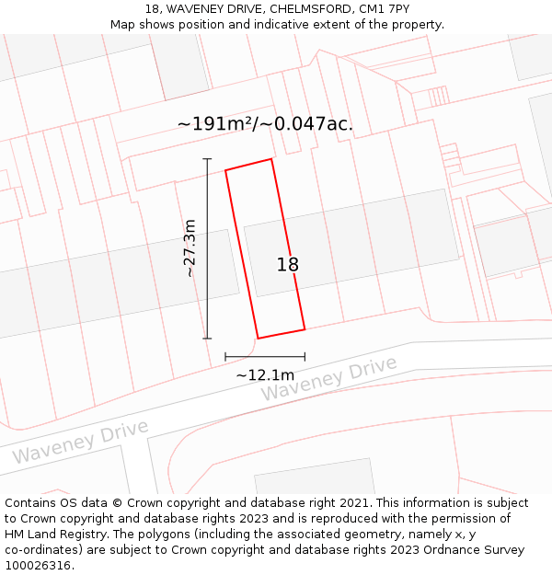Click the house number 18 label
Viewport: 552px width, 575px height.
288,265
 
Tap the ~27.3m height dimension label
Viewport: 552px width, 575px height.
190,247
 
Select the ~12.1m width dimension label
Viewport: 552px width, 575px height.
265,374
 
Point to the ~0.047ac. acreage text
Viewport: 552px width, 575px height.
309,124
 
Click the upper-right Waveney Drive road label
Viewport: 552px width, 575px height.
329,379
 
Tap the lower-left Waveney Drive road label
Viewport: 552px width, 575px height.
80,443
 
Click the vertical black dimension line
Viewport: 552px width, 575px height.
208,248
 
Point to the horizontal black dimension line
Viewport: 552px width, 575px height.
265,357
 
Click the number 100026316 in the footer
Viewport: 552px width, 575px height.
36,566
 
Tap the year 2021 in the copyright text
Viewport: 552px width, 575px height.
354,503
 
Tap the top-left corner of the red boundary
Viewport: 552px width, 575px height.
226,170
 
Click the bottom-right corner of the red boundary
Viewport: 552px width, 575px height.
305,329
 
